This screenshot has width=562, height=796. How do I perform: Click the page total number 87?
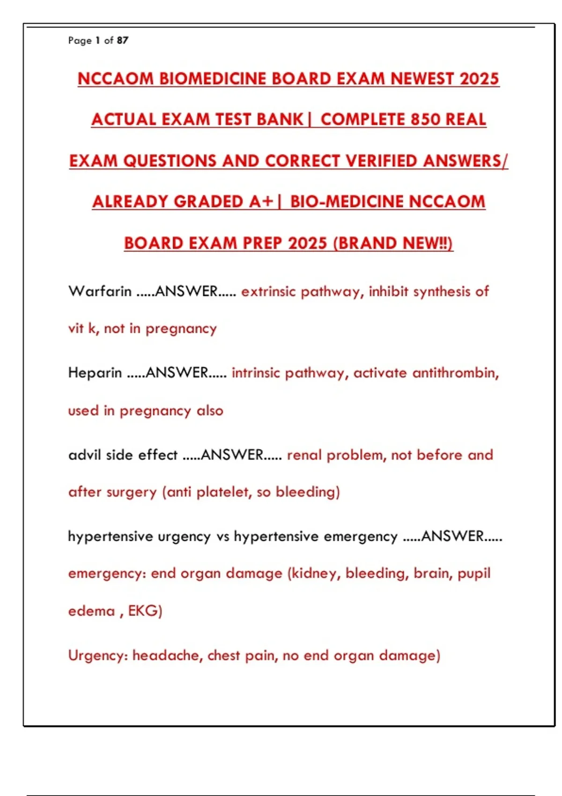[x=123, y=40]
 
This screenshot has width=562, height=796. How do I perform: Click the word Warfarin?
[x=100, y=291]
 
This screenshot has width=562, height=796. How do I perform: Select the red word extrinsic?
[x=268, y=291]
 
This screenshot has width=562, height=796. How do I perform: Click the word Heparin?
[x=95, y=373]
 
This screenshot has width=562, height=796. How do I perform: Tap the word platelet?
[x=222, y=492]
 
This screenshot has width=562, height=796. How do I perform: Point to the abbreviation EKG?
[x=145, y=611]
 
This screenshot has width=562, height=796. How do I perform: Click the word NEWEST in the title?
[x=422, y=79]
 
